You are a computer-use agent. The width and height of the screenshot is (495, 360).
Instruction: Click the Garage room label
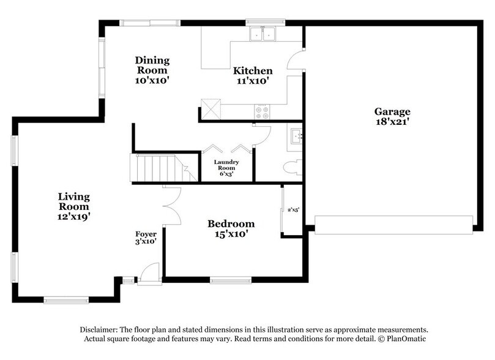click(392, 111)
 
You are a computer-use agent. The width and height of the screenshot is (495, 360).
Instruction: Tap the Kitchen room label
click(252, 70)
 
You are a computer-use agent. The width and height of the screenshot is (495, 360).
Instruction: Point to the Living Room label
click(74, 201)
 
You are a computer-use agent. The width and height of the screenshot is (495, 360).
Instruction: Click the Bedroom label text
click(230, 223)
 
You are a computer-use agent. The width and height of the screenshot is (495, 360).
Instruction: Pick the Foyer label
click(146, 234)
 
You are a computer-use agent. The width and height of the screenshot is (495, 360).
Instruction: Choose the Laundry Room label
click(226, 165)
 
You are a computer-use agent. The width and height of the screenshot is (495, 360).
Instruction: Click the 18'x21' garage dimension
click(392, 122)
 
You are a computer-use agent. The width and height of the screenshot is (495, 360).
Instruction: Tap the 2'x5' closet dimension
click(294, 209)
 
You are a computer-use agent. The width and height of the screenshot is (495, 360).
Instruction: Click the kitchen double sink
click(262, 34)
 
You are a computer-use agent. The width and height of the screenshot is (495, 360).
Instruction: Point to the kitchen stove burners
click(262, 111)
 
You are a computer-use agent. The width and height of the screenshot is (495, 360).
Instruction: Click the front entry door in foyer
click(147, 275)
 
